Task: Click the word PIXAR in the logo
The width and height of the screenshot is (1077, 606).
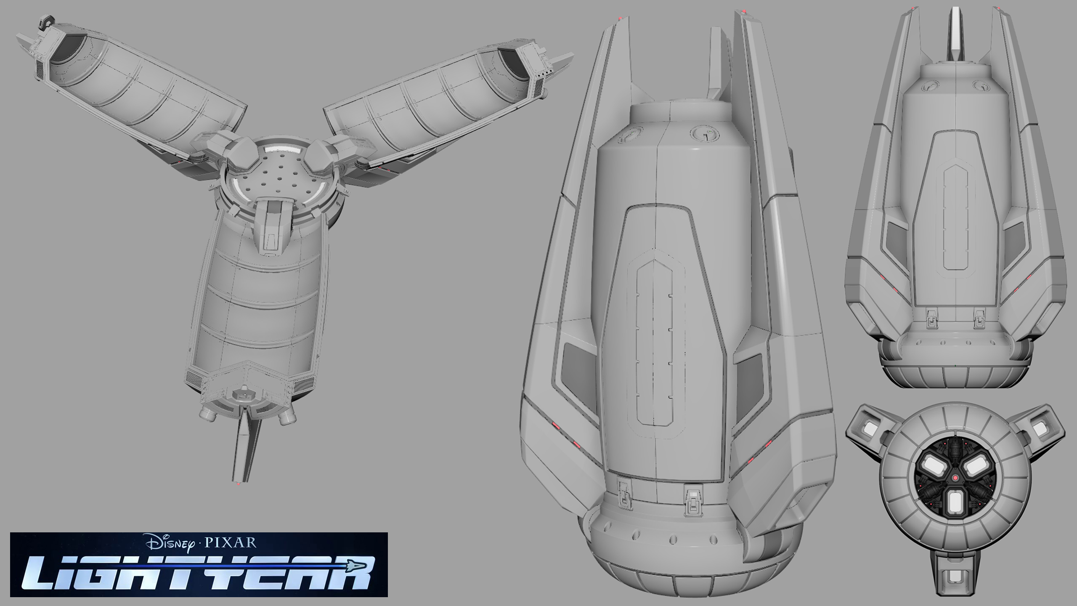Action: (x=230, y=542)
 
